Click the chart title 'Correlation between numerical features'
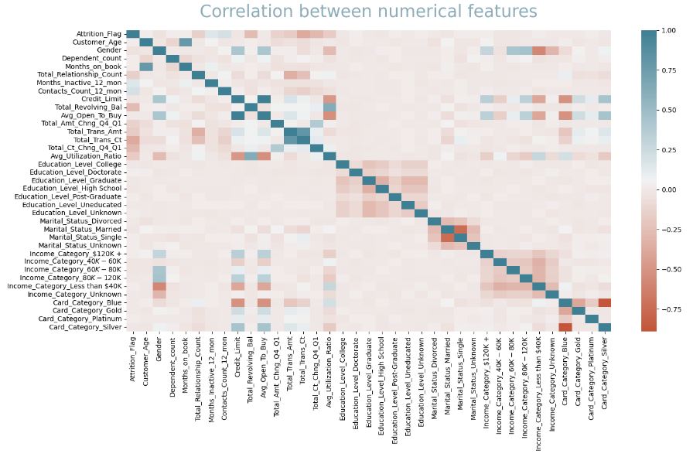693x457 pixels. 367,12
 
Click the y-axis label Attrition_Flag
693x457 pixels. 98,34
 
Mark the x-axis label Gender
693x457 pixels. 159,350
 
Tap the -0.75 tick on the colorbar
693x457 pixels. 667,309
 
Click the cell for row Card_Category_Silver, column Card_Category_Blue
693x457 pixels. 565,326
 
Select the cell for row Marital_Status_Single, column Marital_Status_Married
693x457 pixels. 446,237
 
